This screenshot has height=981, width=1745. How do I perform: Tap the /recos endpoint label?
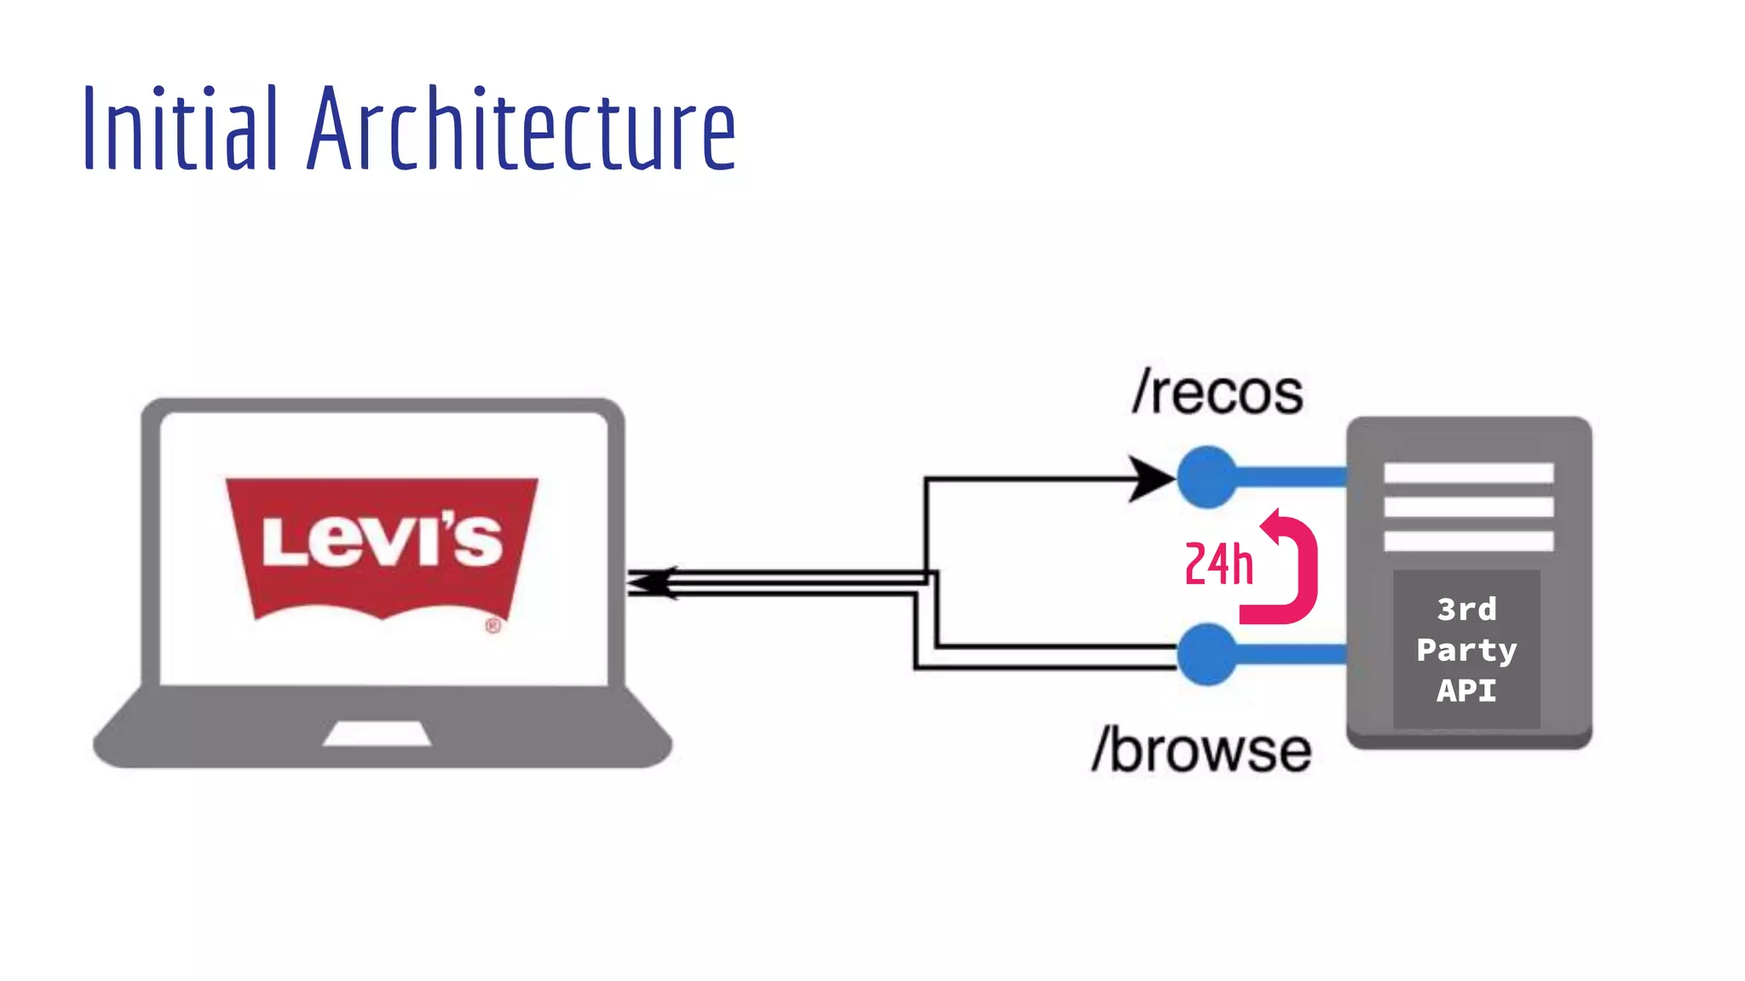pyautogui.click(x=1218, y=393)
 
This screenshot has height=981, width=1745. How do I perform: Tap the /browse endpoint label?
pyautogui.click(x=1202, y=751)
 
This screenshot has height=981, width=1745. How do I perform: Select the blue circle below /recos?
pyautogui.click(x=1207, y=477)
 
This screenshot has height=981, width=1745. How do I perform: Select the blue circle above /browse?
pyautogui.click(x=1207, y=654)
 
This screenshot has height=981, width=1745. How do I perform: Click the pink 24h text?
pyautogui.click(x=1218, y=564)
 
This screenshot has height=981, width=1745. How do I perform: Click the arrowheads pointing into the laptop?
pyautogui.click(x=652, y=582)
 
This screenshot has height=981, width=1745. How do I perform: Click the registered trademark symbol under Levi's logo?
pyautogui.click(x=493, y=626)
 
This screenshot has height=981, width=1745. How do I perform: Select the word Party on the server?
pyautogui.click(x=1466, y=650)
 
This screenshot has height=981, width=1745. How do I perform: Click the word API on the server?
pyautogui.click(x=1466, y=690)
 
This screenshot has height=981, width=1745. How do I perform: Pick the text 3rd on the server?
pyautogui.click(x=1466, y=609)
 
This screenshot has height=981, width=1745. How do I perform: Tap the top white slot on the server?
pyautogui.click(x=1468, y=473)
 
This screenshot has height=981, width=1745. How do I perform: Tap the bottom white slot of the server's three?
pyautogui.click(x=1468, y=541)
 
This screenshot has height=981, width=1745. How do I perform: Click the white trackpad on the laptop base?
pyautogui.click(x=377, y=734)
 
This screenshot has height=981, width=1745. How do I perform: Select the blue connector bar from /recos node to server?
pyautogui.click(x=1291, y=477)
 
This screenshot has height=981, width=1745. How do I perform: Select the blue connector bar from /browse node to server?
pyautogui.click(x=1291, y=654)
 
